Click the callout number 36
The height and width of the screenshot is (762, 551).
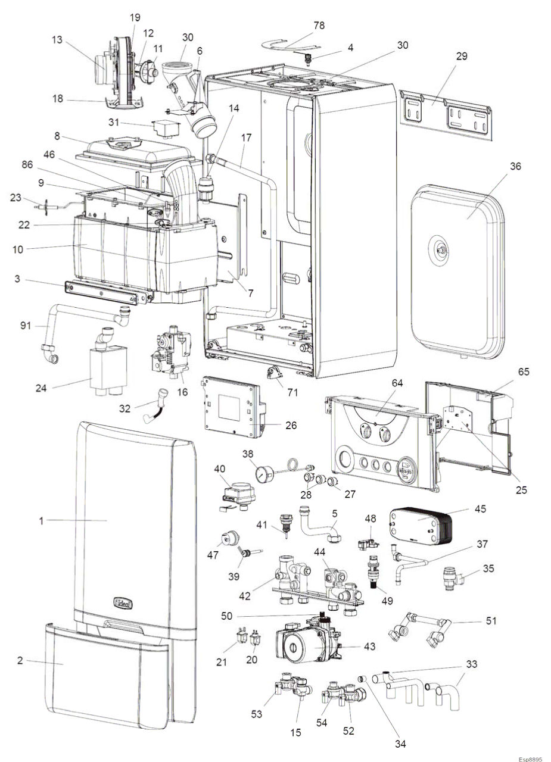[x=515, y=167]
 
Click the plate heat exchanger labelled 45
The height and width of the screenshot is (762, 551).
[x=420, y=523]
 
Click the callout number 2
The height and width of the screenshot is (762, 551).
[x=20, y=662]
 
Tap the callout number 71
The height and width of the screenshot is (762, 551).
[x=277, y=393]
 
